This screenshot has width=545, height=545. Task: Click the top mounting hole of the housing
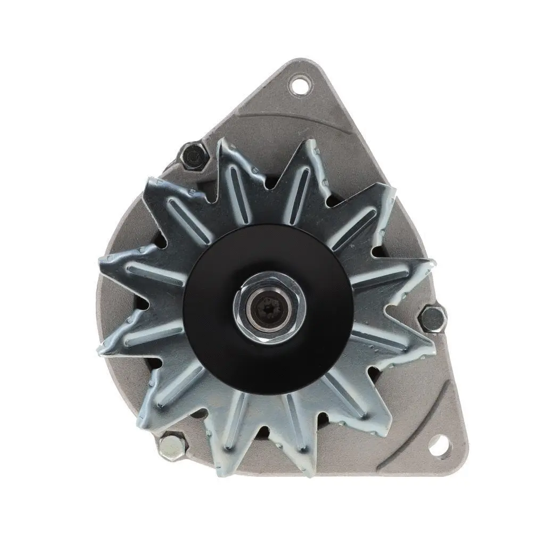tap(301, 85)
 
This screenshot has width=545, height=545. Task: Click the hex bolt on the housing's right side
tap(432, 319)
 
